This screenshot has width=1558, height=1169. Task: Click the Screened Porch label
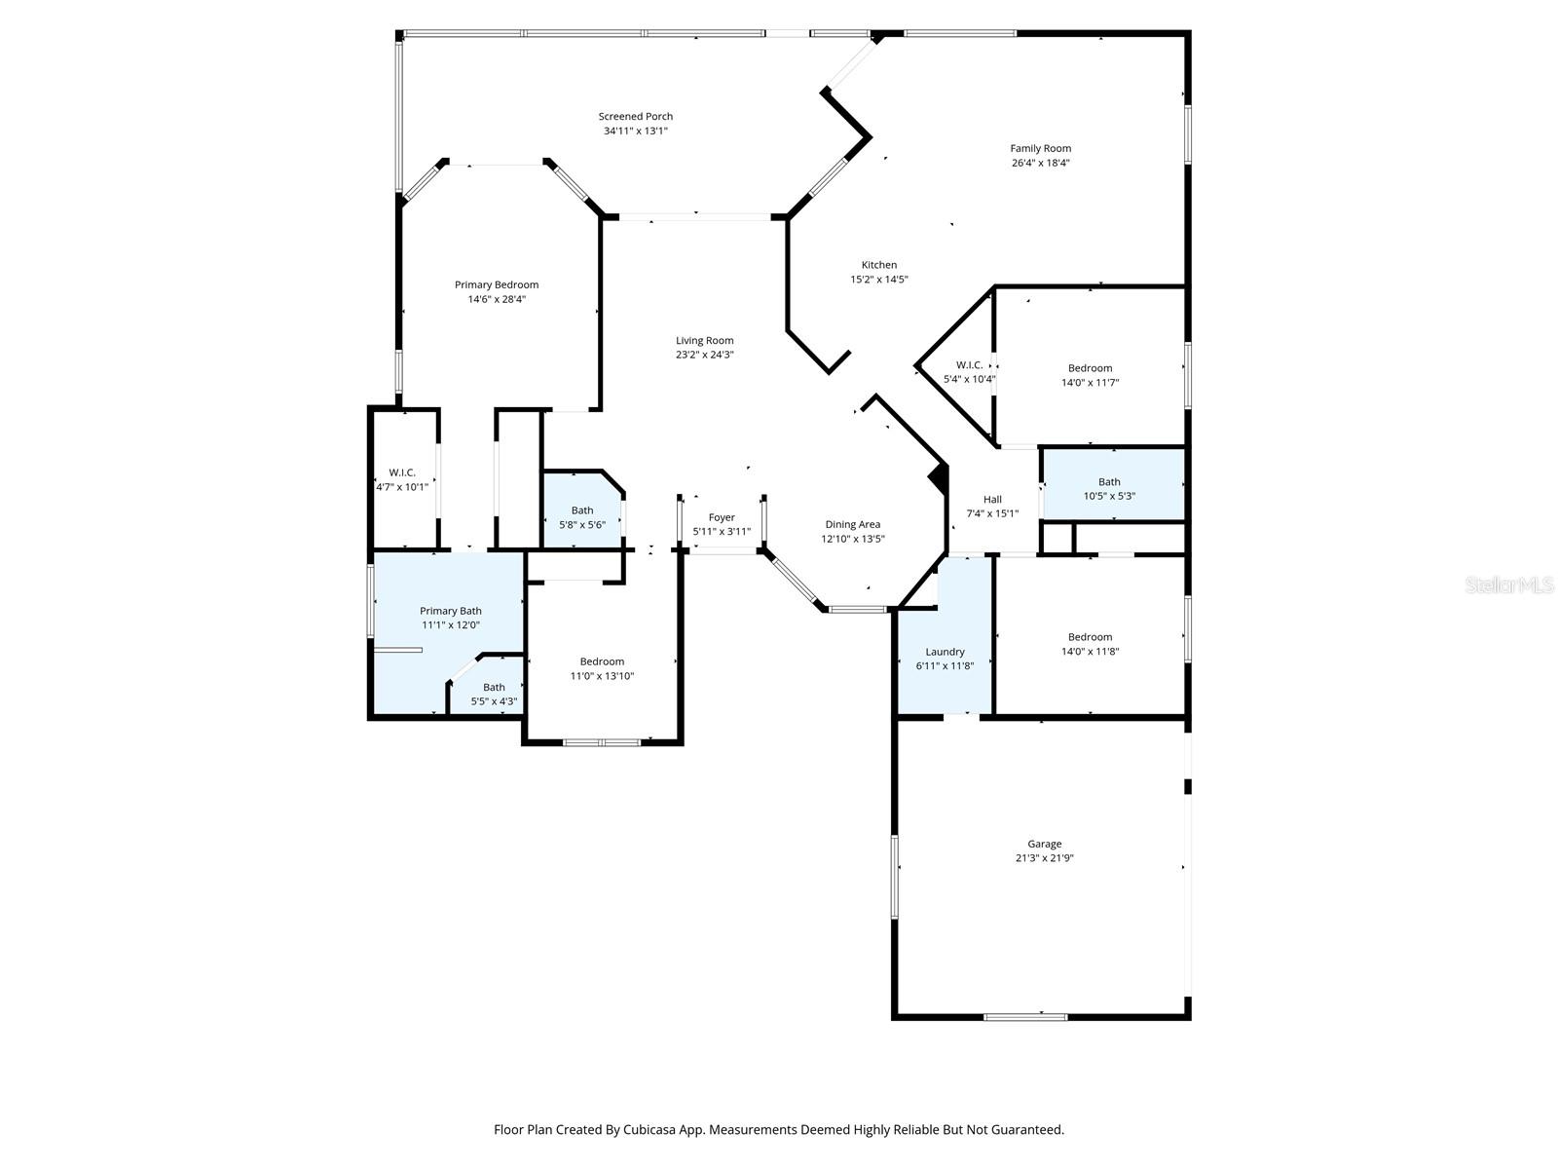(x=635, y=116)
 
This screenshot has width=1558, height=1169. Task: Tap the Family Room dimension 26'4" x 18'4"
(x=1040, y=163)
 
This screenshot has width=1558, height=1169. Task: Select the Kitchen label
(x=878, y=265)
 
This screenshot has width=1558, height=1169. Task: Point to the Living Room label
(x=705, y=341)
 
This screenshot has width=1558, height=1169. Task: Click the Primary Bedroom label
(x=497, y=285)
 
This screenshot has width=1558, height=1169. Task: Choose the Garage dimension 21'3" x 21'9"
(x=1044, y=858)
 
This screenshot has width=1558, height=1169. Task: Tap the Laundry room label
(x=945, y=652)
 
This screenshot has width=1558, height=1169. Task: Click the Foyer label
(x=722, y=517)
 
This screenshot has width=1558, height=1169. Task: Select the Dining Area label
(x=853, y=524)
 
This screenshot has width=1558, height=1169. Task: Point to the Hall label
(x=992, y=500)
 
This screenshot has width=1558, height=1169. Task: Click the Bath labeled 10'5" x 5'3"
(x=1109, y=482)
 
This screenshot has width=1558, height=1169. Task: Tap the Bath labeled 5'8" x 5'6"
(x=582, y=510)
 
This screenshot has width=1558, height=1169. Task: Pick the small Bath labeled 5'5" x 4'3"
(x=494, y=688)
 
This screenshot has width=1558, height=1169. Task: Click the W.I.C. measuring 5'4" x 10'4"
(x=969, y=365)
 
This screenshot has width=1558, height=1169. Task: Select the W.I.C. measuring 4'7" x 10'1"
(x=402, y=472)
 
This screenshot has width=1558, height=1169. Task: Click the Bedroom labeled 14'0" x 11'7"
(x=1090, y=368)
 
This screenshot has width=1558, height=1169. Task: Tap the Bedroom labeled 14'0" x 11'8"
(x=1090, y=637)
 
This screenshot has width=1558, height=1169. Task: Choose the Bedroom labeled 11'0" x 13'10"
(x=602, y=661)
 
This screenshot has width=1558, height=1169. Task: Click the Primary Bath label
(x=451, y=611)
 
